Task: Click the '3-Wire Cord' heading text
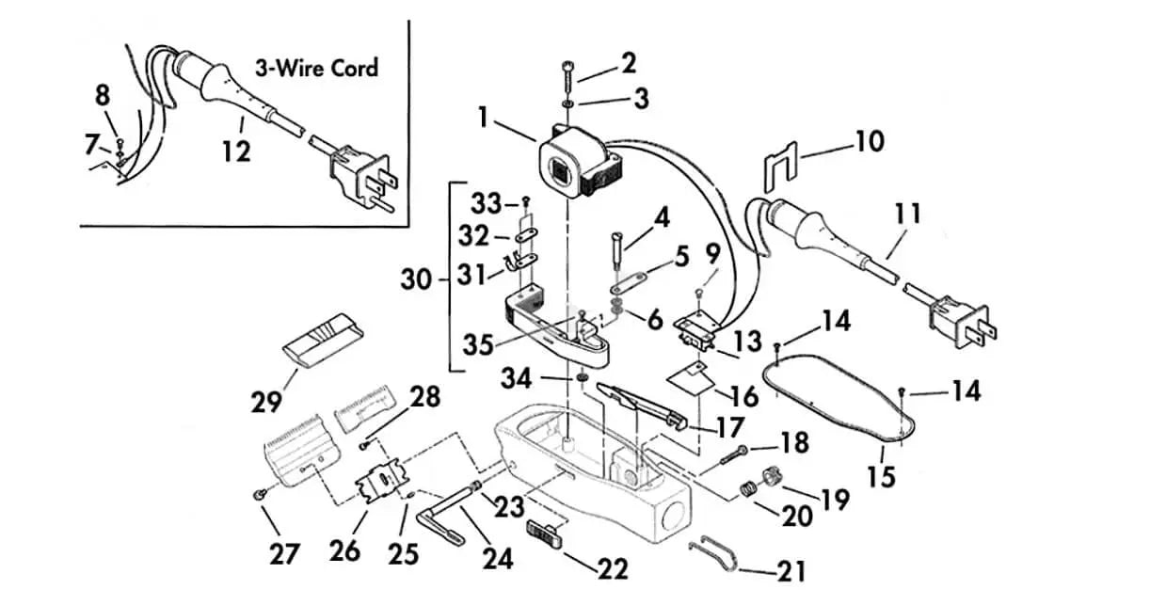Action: tap(316, 69)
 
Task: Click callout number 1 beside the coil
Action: tap(484, 119)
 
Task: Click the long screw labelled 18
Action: tap(735, 457)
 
